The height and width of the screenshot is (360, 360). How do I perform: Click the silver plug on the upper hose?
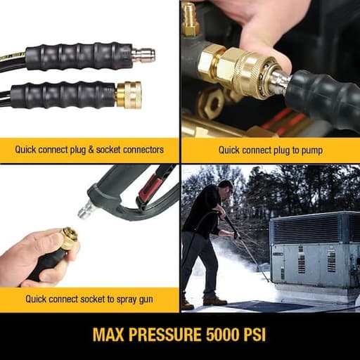pos(143,55)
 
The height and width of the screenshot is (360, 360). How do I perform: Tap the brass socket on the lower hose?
pos(129,94)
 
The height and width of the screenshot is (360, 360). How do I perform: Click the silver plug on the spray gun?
pos(85,210)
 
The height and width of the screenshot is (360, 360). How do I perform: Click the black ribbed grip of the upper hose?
pos(77,55)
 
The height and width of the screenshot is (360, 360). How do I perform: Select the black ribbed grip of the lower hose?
pos(63,95)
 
